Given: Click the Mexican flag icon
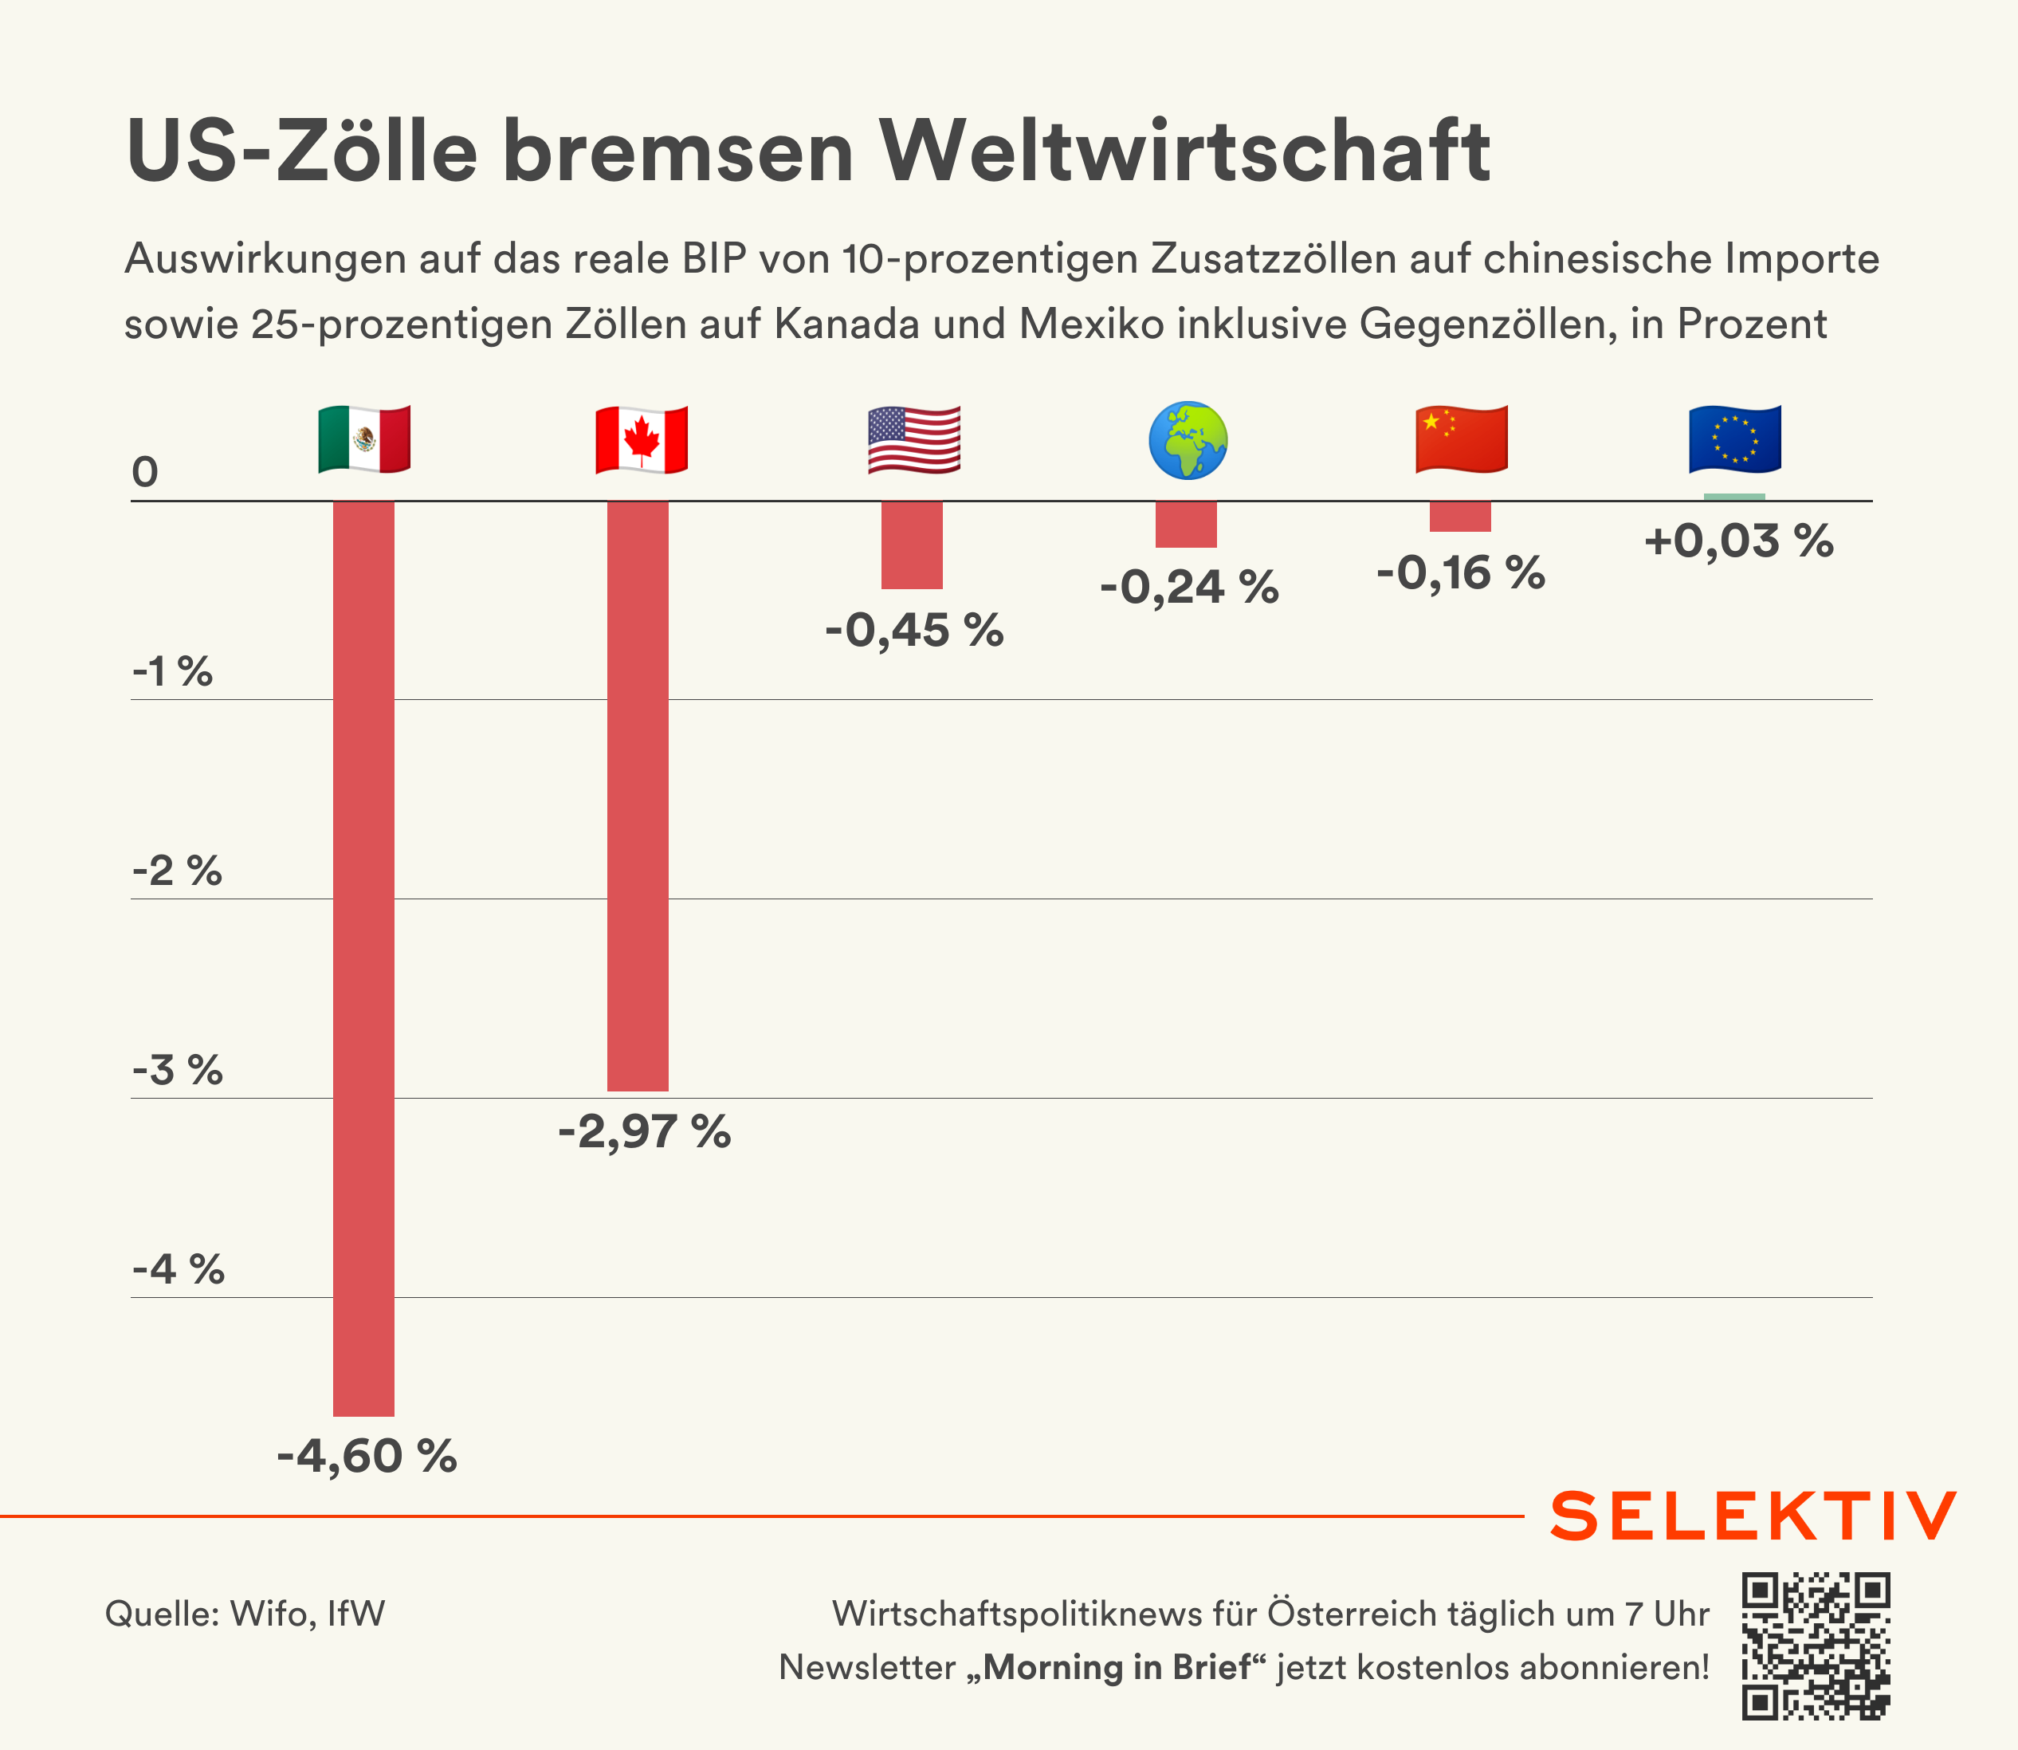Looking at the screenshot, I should pyautogui.click(x=364, y=439).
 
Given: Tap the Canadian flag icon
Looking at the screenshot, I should pyautogui.click(x=642, y=439).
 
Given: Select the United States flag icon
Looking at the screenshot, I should pyautogui.click(x=914, y=439).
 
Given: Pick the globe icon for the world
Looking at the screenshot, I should pyautogui.click(x=1188, y=440).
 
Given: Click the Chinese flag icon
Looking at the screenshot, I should pyautogui.click(x=1462, y=439).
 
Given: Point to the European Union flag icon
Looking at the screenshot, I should pyautogui.click(x=1735, y=439).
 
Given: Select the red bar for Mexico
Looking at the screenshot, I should pyautogui.click(x=364, y=957).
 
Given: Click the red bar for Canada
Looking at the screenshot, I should pyautogui.click(x=638, y=796).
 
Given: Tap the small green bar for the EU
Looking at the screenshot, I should pyautogui.click(x=1734, y=497).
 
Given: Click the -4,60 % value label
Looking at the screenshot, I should pyautogui.click(x=367, y=1456).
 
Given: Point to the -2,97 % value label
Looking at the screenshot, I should pyautogui.click(x=644, y=1132).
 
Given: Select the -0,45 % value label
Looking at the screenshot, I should pyautogui.click(x=914, y=630).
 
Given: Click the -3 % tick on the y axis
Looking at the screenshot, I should pyautogui.click(x=178, y=1070).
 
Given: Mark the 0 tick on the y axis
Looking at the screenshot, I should pyautogui.click(x=144, y=473).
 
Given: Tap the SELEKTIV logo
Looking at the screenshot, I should pyautogui.click(x=1753, y=1516).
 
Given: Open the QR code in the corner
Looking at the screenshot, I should pyautogui.click(x=1816, y=1646).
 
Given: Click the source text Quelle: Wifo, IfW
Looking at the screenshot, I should pyautogui.click(x=245, y=1614).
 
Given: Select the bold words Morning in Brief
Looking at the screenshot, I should pyautogui.click(x=1116, y=1667).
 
